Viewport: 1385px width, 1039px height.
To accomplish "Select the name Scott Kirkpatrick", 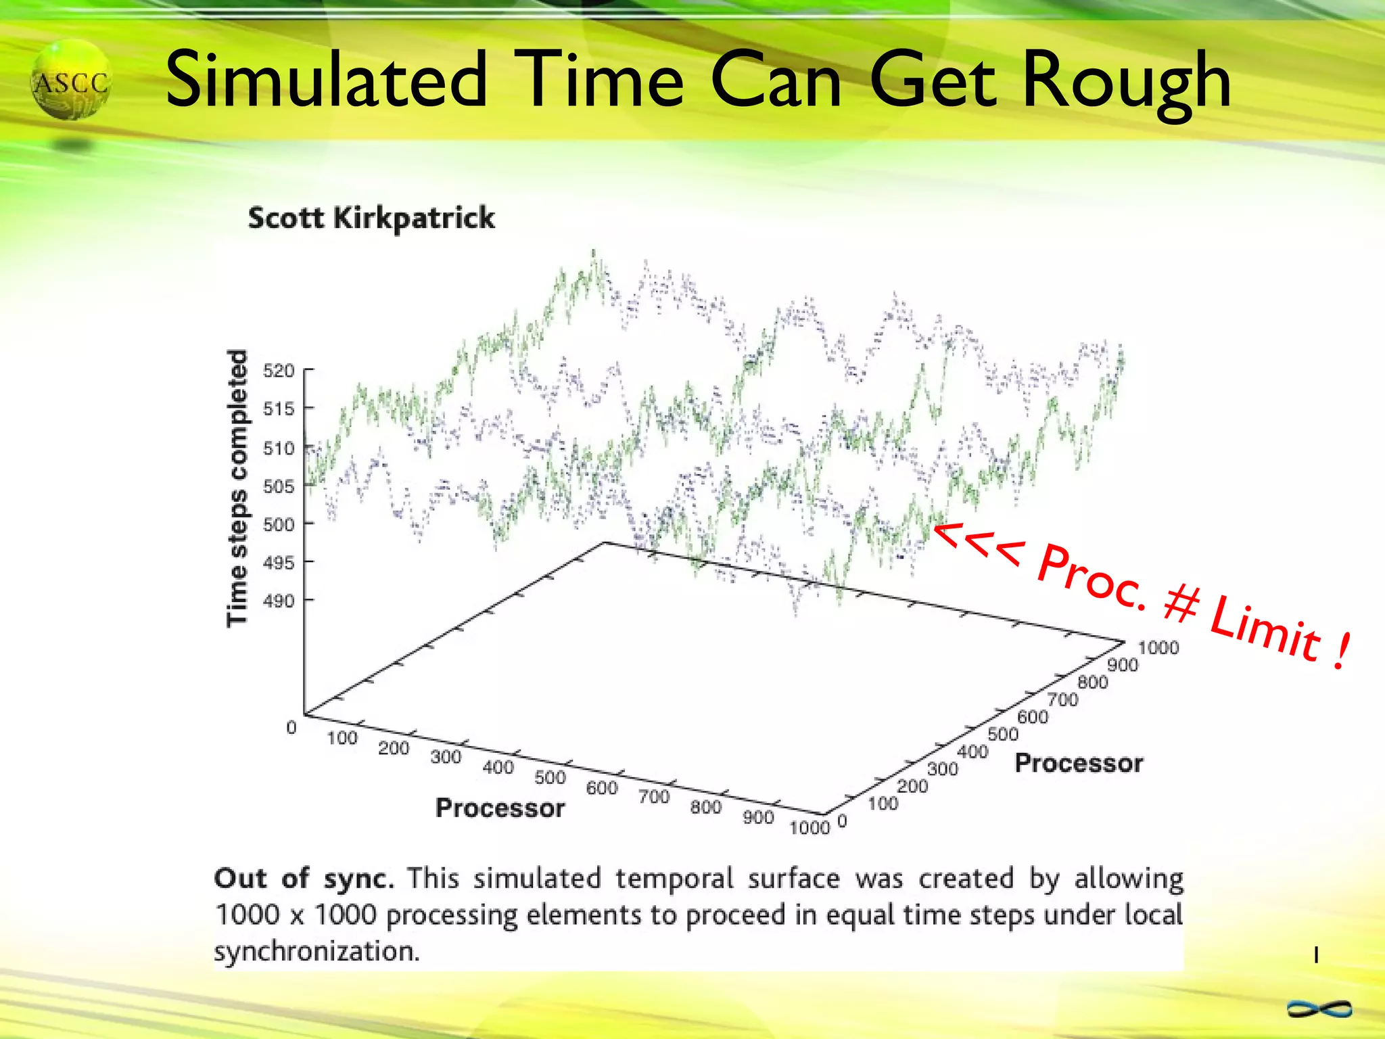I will click(x=371, y=218).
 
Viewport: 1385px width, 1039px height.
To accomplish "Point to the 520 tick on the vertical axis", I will click(x=279, y=371).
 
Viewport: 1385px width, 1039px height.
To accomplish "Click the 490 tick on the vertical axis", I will click(x=279, y=601).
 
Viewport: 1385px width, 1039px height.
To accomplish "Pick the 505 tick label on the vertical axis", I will click(x=279, y=486).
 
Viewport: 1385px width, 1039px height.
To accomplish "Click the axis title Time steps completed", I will click(x=237, y=488).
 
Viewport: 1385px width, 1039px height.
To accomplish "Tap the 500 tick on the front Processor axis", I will click(x=550, y=777).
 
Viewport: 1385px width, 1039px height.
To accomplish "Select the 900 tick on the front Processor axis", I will click(x=758, y=817).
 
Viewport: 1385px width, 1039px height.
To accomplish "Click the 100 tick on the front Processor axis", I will click(x=342, y=738).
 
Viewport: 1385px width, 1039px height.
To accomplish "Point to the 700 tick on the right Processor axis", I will click(x=1062, y=699).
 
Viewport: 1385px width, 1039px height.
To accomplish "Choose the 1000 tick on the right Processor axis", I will click(x=1158, y=648).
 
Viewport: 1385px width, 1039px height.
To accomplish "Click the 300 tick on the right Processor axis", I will click(x=942, y=769).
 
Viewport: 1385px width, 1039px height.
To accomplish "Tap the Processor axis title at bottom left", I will click(x=500, y=808).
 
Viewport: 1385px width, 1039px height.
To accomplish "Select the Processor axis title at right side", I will click(x=1079, y=763).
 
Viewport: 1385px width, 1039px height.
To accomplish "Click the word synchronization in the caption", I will click(x=316, y=951).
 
